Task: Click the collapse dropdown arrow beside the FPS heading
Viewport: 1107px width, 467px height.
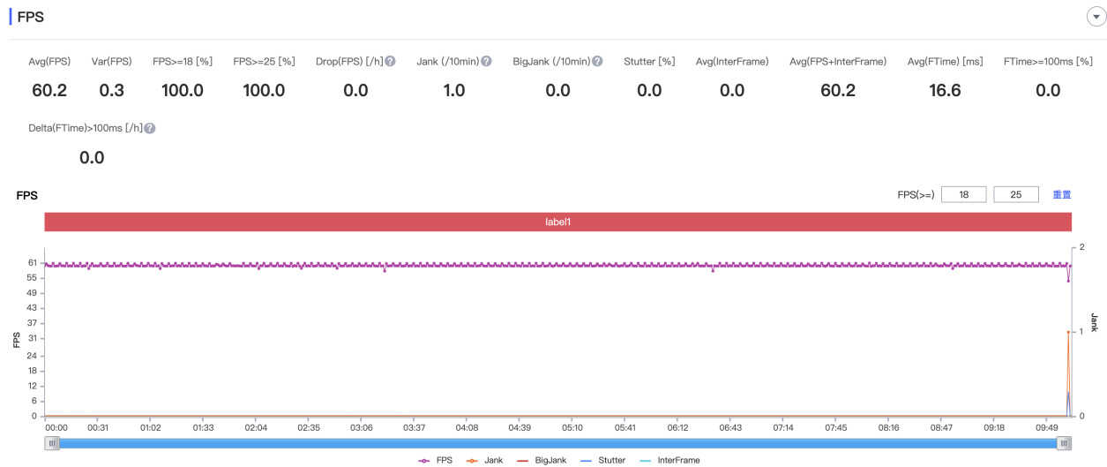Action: pyautogui.click(x=1096, y=17)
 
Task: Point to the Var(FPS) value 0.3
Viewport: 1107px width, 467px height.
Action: pyautogui.click(x=112, y=90)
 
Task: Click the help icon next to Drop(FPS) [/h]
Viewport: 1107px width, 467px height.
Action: pyautogui.click(x=390, y=62)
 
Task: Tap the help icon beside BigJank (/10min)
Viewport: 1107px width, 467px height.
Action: pyautogui.click(x=597, y=62)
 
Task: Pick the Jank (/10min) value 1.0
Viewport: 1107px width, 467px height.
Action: pyautogui.click(x=453, y=90)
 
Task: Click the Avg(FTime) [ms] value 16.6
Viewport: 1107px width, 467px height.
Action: pyautogui.click(x=945, y=90)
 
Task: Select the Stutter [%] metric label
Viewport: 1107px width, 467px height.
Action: pyautogui.click(x=649, y=62)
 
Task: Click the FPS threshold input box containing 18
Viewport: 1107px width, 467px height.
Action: pyautogui.click(x=963, y=194)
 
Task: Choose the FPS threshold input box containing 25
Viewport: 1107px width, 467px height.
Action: pyautogui.click(x=1016, y=194)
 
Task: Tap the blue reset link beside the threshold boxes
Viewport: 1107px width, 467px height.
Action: pyautogui.click(x=1061, y=194)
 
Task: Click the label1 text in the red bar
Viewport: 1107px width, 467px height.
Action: pyautogui.click(x=557, y=222)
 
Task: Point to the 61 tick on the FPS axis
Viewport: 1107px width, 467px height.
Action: pyautogui.click(x=32, y=263)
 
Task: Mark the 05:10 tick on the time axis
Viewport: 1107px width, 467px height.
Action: pyautogui.click(x=572, y=426)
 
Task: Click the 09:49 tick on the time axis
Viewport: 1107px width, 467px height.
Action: pyautogui.click(x=1047, y=426)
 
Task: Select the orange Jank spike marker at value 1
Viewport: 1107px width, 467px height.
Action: pyautogui.click(x=1068, y=332)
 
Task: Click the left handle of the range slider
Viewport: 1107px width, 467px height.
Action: pyautogui.click(x=52, y=443)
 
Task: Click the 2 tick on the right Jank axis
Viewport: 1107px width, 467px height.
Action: pyautogui.click(x=1081, y=246)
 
